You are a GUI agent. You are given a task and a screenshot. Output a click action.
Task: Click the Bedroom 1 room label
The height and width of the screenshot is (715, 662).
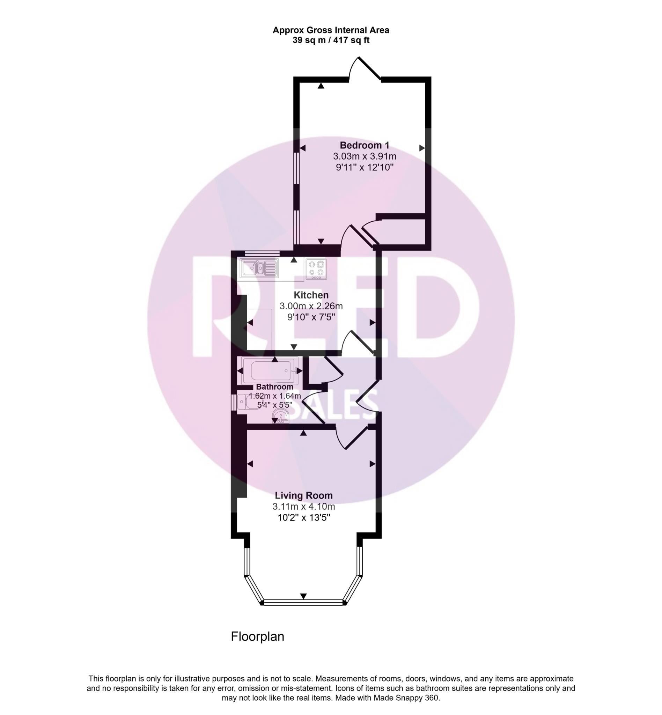coord(364,145)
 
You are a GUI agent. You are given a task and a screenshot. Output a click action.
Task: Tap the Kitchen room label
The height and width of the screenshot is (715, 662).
coord(311,295)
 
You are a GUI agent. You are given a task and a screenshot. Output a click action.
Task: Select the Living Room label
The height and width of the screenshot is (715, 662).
coord(304,495)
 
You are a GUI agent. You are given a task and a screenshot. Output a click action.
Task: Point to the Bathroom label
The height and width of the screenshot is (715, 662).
coord(274,387)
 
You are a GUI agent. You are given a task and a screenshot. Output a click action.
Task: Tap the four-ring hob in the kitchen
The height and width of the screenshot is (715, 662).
coord(316,269)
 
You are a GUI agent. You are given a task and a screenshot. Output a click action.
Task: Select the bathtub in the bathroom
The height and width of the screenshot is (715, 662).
coord(270,371)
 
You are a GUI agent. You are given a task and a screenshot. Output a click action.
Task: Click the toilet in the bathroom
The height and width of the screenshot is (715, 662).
coord(247,402)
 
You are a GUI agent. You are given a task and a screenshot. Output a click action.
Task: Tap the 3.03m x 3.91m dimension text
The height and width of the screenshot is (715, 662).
coord(364,156)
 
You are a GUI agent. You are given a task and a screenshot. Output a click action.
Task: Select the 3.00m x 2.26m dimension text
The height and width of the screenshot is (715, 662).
coord(311,306)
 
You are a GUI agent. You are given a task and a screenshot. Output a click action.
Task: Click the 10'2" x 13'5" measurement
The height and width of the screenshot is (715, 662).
coord(304,518)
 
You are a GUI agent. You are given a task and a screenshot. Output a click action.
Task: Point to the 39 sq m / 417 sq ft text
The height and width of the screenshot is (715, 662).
coord(331,40)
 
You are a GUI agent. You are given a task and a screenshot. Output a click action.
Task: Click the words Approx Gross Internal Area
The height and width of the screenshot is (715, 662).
coord(331,30)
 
